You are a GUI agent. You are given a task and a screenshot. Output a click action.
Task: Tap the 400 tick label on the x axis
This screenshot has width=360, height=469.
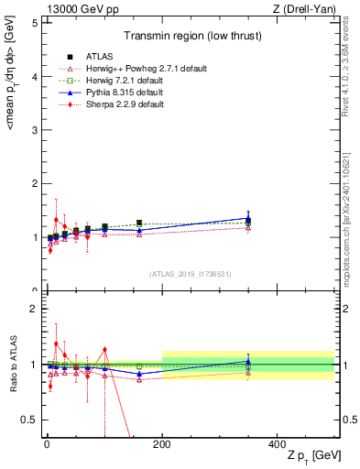(277, 442)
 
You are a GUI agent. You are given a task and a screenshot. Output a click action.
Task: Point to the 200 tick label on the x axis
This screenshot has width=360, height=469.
(162, 442)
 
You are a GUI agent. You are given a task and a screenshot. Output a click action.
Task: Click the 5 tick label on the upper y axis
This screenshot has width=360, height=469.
(34, 23)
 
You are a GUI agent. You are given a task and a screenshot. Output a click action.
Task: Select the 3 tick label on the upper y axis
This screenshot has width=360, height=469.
(34, 130)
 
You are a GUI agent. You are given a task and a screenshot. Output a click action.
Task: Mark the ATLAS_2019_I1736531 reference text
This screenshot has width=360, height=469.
(189, 273)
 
